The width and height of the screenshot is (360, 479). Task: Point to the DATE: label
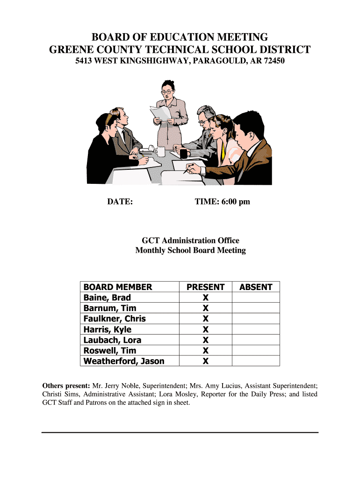(120, 202)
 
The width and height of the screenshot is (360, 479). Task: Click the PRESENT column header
(205, 287)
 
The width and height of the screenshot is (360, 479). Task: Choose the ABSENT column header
(256, 287)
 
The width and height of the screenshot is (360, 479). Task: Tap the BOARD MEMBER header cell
(118, 287)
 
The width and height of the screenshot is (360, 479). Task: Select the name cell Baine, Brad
(107, 298)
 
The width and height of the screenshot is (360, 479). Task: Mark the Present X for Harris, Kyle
(205, 330)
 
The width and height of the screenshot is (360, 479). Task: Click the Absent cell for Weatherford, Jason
(256, 361)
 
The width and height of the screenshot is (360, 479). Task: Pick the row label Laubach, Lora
(112, 340)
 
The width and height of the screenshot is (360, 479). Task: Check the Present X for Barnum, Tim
(205, 308)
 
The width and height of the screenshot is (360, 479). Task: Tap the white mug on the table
(161, 151)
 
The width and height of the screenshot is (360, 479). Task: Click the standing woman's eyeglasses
(166, 92)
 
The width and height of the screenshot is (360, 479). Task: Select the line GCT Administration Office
(190, 240)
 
